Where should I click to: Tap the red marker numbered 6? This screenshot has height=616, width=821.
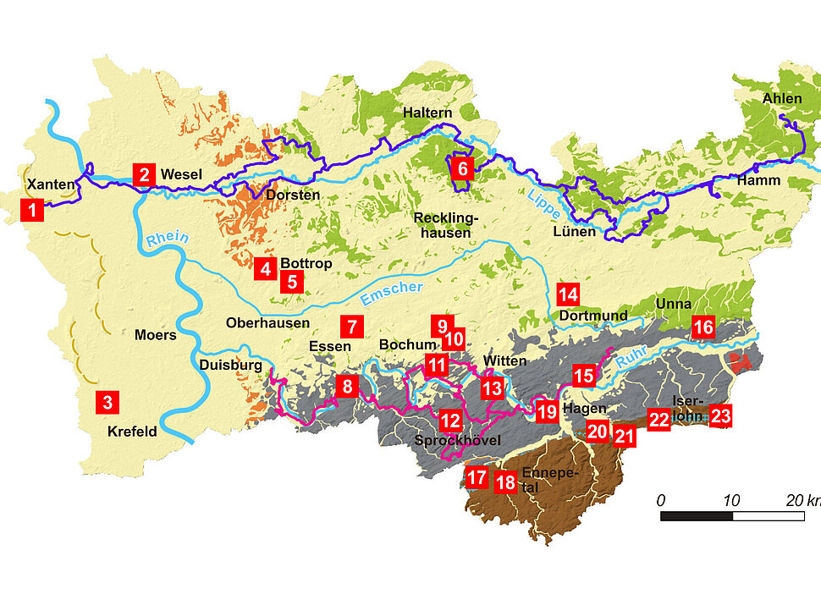[x=462, y=168]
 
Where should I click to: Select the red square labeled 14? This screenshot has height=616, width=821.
[x=568, y=294]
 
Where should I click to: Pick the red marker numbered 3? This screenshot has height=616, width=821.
[x=107, y=402]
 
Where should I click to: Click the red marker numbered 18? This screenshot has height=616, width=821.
[x=505, y=482]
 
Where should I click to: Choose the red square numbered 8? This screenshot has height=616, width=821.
[x=345, y=387]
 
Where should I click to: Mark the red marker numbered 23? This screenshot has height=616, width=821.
[x=721, y=415]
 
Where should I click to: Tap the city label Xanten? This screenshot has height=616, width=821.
[x=46, y=184]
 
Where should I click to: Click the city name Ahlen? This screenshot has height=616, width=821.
[x=781, y=98]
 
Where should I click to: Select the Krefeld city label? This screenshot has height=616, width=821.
[x=132, y=431]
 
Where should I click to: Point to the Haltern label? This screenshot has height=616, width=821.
[x=427, y=112]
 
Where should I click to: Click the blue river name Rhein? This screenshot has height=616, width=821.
[x=167, y=240]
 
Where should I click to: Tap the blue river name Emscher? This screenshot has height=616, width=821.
[x=391, y=293]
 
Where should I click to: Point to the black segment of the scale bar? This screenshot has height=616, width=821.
[x=696, y=515]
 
